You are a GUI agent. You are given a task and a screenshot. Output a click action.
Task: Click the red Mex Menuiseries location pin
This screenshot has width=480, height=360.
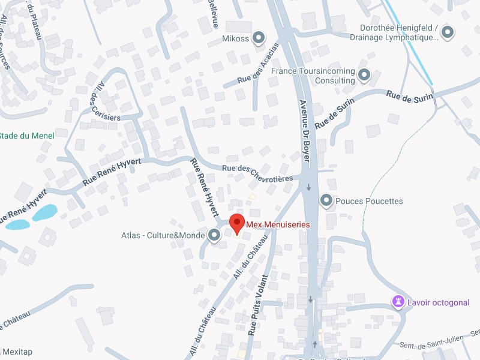(237, 223)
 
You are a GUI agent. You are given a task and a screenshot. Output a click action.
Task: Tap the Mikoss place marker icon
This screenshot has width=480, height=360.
(259, 38)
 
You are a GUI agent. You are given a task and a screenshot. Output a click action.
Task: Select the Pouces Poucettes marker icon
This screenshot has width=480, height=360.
(326, 201)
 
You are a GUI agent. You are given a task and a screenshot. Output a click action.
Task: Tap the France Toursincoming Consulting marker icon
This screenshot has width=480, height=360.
(364, 76)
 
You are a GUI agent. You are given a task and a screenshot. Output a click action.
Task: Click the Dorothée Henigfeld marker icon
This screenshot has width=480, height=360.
(448, 32)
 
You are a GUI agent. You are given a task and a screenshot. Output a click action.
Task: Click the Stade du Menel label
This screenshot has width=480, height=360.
(26, 136)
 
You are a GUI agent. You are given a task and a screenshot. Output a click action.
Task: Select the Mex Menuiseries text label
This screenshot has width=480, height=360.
(278, 224)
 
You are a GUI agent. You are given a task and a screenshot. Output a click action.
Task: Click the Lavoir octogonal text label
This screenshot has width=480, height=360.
(438, 302)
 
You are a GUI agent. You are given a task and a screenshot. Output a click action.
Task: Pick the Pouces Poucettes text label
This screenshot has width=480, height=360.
(369, 201)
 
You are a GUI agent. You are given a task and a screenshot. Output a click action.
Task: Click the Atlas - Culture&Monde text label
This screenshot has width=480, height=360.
(163, 236)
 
